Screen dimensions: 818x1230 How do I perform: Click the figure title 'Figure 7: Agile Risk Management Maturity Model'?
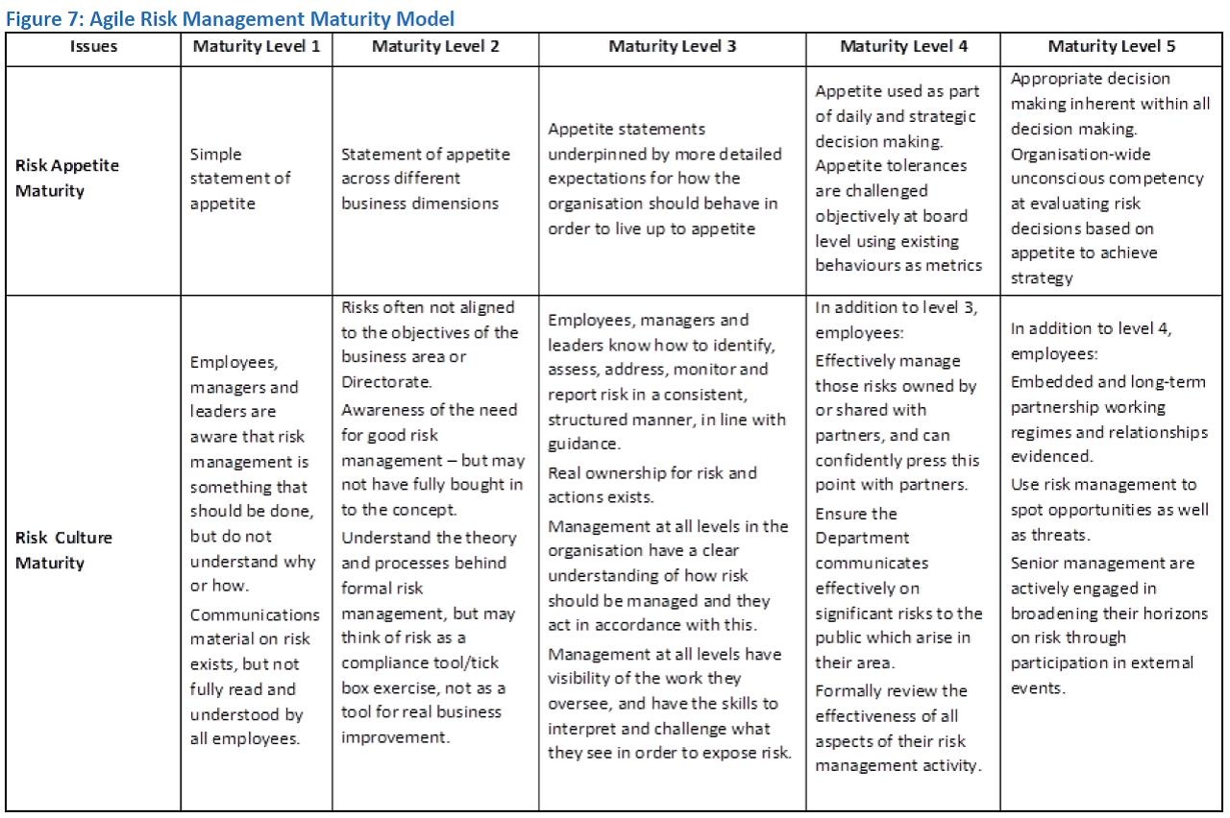(230, 18)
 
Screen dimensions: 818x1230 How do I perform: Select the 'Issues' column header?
(92, 47)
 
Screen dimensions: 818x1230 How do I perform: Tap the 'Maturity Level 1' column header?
(257, 47)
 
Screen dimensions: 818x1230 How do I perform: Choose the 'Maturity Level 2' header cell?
(435, 47)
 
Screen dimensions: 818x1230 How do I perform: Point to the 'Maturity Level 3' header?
(672, 47)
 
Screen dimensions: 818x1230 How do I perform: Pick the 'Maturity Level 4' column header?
(903, 47)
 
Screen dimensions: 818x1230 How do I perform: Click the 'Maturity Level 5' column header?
(1111, 47)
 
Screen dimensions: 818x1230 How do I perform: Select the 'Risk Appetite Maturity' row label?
(67, 178)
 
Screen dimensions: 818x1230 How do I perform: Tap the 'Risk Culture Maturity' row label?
(63, 550)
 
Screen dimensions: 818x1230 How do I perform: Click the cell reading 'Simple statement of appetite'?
(240, 179)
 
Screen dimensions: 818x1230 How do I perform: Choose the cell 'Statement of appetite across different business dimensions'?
(426, 179)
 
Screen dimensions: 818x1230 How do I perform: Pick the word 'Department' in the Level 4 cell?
(862, 538)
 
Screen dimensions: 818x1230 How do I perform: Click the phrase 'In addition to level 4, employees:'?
(1091, 341)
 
